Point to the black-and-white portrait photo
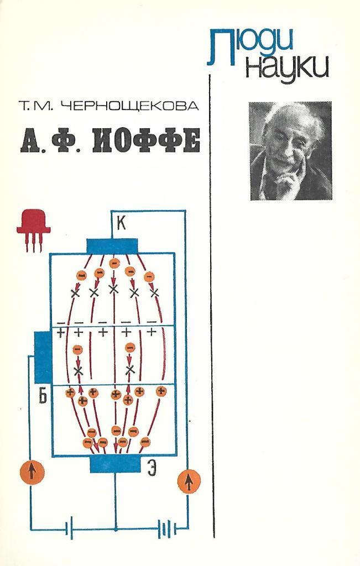290,150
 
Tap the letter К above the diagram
121,224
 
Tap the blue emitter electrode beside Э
115,464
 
